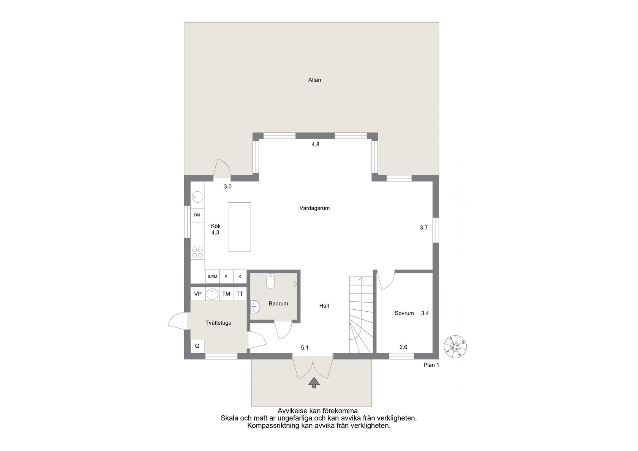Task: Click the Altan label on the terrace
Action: [x=314, y=80]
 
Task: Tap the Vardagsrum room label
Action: [x=314, y=208]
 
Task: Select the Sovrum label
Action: [x=404, y=313]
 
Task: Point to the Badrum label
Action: [x=278, y=304]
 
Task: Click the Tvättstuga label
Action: [x=218, y=323]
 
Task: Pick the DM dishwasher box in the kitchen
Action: [x=197, y=215]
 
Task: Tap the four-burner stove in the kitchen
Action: [x=197, y=252]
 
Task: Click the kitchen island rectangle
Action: [x=239, y=227]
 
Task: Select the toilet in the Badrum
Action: [x=270, y=281]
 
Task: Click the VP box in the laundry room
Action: [x=198, y=294]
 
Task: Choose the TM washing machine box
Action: [x=226, y=294]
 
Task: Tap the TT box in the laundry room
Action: [x=240, y=294]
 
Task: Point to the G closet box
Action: [x=197, y=346]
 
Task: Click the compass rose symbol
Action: [x=455, y=347]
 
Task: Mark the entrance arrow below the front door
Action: [x=314, y=383]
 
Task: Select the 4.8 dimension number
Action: [x=315, y=145]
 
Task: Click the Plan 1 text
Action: [x=431, y=365]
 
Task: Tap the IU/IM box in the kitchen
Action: [x=213, y=276]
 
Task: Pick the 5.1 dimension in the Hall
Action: [x=305, y=348]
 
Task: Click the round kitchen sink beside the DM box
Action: [x=197, y=197]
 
